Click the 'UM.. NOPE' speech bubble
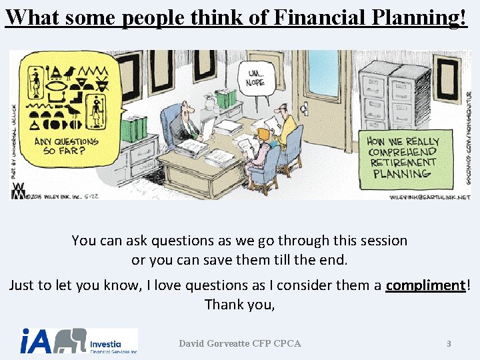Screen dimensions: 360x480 pyautogui.click(x=257, y=79)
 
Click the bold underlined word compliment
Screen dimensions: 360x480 pyautogui.click(x=425, y=285)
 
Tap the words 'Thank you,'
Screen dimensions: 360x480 pyautogui.click(x=239, y=305)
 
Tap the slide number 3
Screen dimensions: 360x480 pyautogui.click(x=449, y=344)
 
